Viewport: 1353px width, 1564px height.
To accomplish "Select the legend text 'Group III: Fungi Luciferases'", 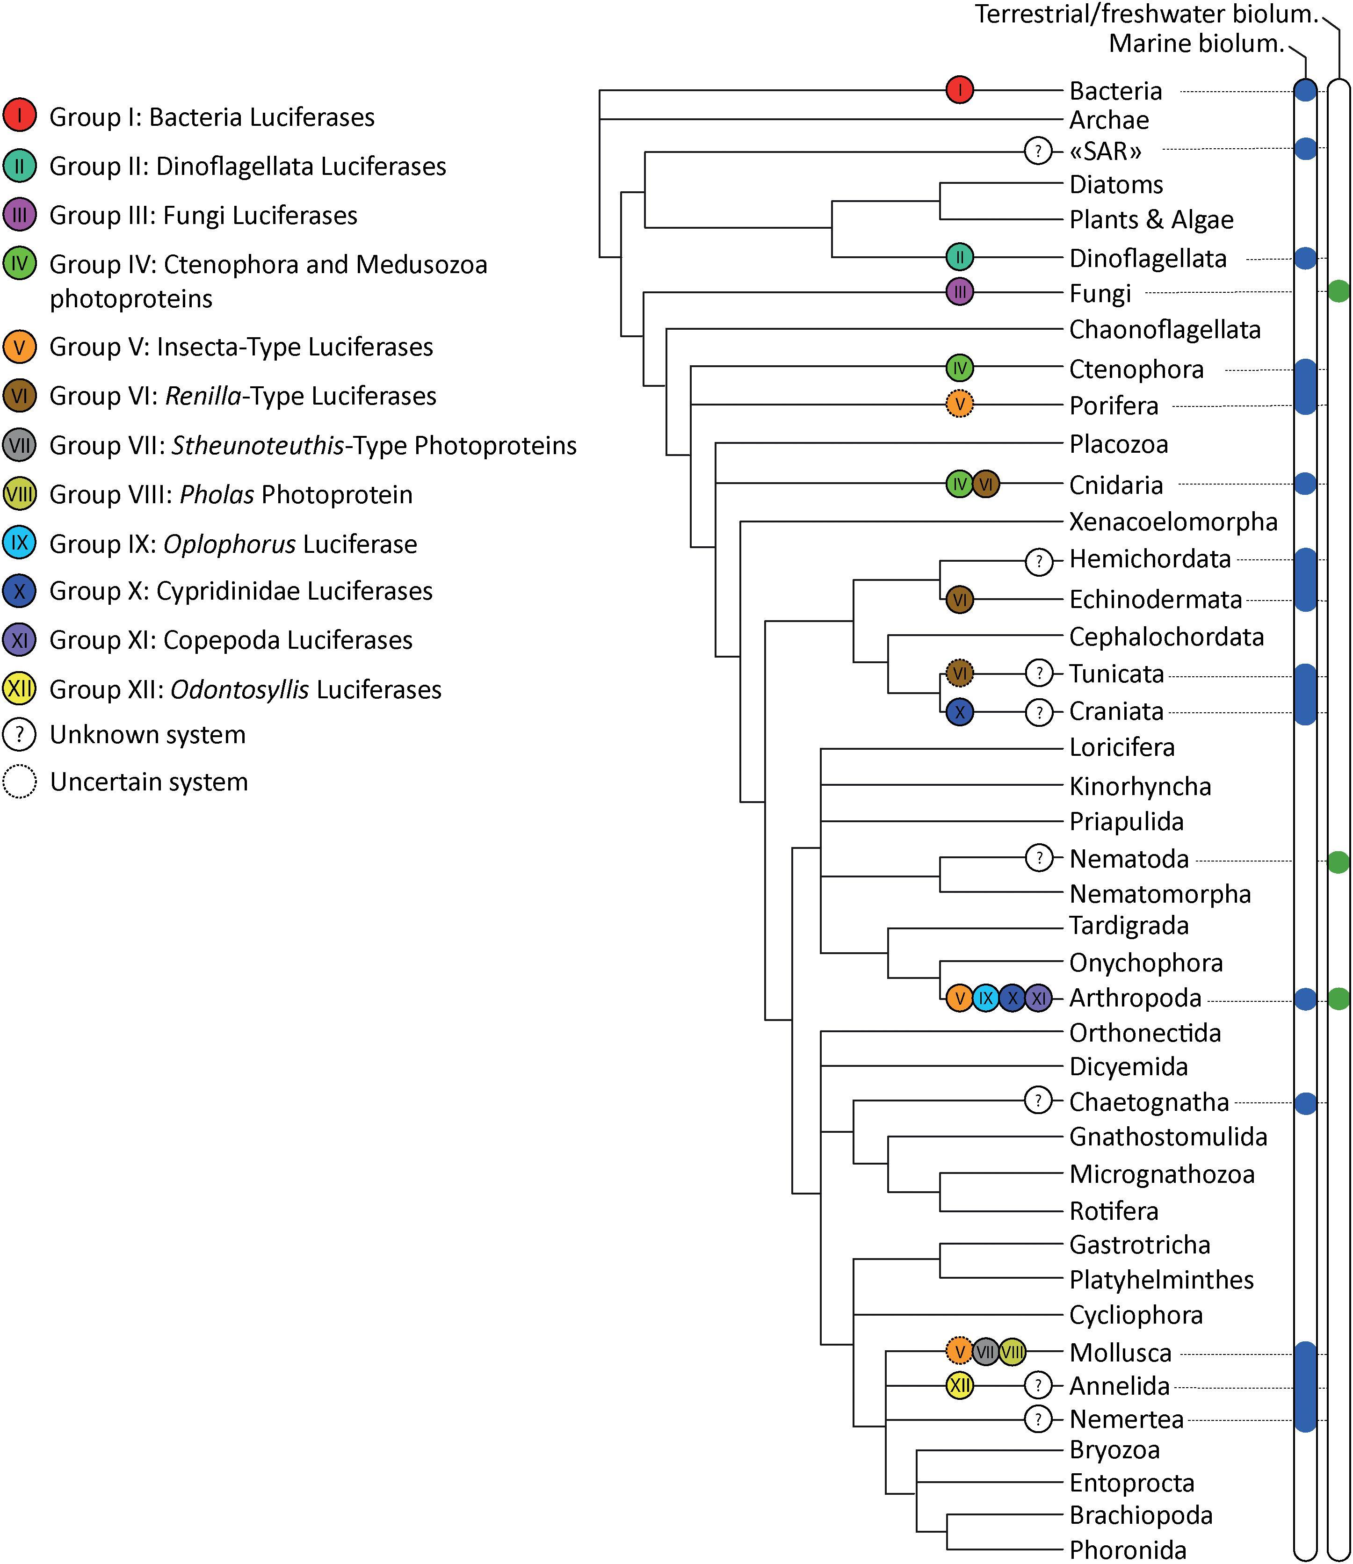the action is [203, 215].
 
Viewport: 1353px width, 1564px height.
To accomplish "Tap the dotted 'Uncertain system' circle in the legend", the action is [20, 782].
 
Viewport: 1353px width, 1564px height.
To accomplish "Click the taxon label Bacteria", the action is [1115, 91].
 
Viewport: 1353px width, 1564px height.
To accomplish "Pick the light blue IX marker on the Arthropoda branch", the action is [985, 999].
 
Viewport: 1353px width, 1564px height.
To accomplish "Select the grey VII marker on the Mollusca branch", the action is [985, 1351].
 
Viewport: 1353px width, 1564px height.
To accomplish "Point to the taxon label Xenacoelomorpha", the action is [1172, 522].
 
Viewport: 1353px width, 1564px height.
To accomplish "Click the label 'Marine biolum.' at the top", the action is [1196, 44].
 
